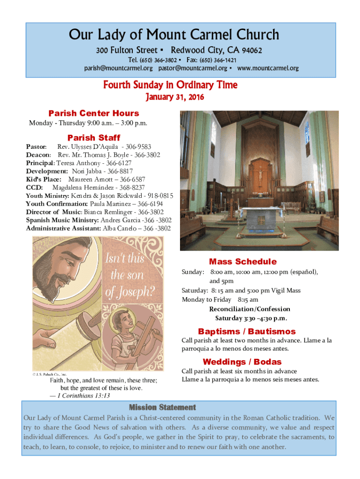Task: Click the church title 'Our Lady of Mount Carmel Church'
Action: coord(174,35)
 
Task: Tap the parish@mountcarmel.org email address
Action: coord(118,68)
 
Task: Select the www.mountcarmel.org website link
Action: coord(268,68)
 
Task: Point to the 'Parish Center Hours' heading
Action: coord(94,113)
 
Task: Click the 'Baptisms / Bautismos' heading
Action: coord(246,332)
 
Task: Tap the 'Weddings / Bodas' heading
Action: coord(242,362)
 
